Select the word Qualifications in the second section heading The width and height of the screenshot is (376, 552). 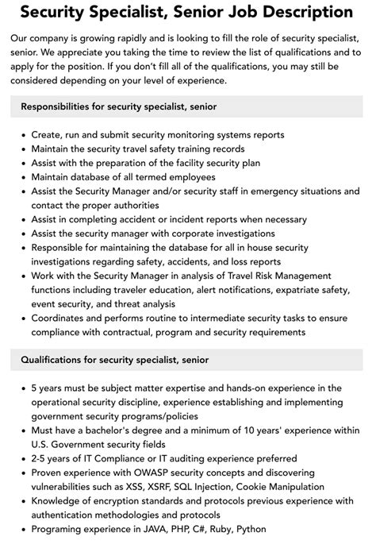click(x=55, y=360)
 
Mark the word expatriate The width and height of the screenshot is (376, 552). click(x=282, y=291)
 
